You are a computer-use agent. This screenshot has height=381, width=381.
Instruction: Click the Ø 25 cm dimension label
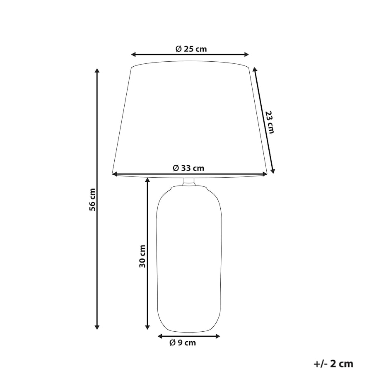tap(191, 49)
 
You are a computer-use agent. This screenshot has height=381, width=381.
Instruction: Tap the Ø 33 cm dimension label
tap(188, 168)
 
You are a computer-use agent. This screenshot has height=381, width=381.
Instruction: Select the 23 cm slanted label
tap(270, 122)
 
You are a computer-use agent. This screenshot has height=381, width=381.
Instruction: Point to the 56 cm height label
tap(92, 200)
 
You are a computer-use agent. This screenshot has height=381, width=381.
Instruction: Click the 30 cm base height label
tap(142, 256)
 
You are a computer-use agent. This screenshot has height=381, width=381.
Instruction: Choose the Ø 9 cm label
tap(183, 343)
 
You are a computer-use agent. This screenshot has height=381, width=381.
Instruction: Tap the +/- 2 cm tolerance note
tap(333, 364)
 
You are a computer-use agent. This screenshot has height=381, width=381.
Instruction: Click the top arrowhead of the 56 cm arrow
tap(97, 70)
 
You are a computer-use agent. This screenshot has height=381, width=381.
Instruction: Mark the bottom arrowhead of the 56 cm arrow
tap(97, 327)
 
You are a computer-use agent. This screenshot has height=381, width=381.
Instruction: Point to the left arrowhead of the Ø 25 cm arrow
tap(134, 55)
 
